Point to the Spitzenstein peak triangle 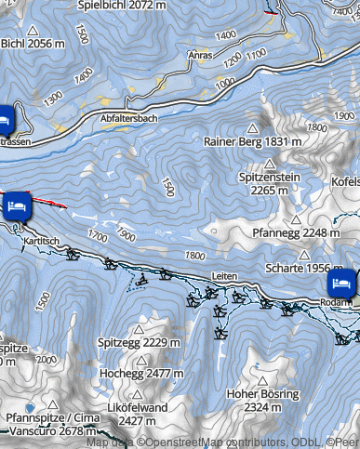click(270, 163)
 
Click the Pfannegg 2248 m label click(290, 232)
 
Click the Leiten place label click(225, 277)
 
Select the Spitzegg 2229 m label click(138, 342)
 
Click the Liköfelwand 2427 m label click(137, 414)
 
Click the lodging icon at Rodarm click(340, 284)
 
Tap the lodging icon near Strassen click(5, 119)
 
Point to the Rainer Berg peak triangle click(251, 127)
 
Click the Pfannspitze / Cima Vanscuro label click(52, 424)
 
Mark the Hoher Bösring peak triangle click(262, 379)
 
